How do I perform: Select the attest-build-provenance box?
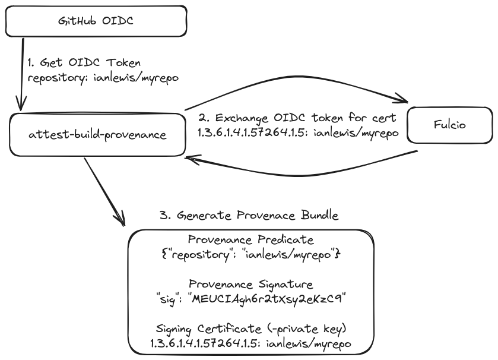pos(97,135)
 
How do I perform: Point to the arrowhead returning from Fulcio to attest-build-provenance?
pos(189,159)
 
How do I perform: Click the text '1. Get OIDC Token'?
pos(84,63)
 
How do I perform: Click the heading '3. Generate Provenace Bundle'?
pos(249,215)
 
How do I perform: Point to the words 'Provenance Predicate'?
pos(250,241)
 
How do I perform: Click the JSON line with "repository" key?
pos(250,254)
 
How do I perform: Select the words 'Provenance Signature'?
pos(250,285)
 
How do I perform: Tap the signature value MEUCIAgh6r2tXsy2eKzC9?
pos(267,298)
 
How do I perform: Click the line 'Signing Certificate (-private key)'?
pos(250,329)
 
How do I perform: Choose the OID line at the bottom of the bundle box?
pos(250,343)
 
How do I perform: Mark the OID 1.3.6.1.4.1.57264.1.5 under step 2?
pos(252,132)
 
